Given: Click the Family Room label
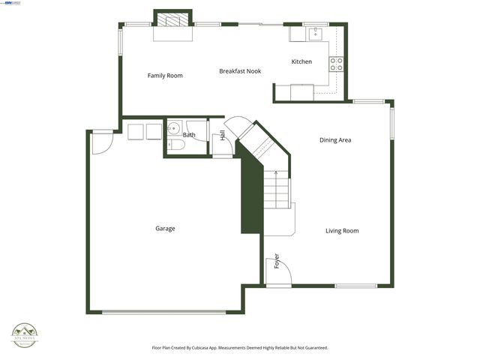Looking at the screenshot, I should (x=165, y=76).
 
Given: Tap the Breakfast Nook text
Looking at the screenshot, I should (x=240, y=71).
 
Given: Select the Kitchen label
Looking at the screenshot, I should (x=301, y=61).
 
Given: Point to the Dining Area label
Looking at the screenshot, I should (x=335, y=140).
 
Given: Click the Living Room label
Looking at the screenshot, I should (x=342, y=231).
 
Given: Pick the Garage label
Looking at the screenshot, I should (x=165, y=229).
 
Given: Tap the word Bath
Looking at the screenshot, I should (x=189, y=136).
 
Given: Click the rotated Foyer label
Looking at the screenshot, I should (x=277, y=261).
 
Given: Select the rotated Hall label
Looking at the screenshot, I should (x=223, y=136).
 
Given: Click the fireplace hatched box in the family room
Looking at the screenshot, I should (x=173, y=20).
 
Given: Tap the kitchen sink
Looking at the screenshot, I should (x=316, y=33).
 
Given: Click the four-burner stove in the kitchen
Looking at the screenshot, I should (x=337, y=64).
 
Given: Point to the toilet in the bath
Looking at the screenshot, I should (x=175, y=145).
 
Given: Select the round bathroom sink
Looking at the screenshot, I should (x=173, y=127).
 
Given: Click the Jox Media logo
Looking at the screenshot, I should (x=26, y=334).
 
